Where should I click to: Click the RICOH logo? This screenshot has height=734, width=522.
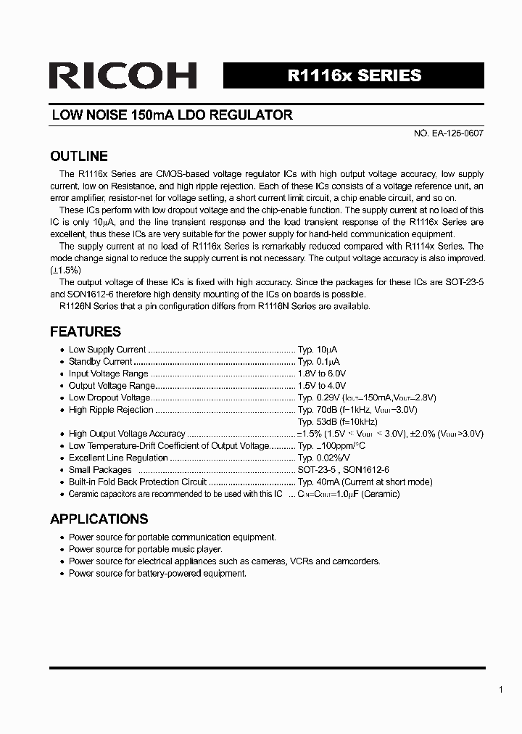[x=123, y=76]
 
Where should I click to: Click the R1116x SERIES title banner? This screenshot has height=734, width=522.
[x=354, y=75]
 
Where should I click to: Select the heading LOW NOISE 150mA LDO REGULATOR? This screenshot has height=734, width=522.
[x=172, y=115]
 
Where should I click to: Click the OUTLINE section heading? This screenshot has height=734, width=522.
[x=78, y=156]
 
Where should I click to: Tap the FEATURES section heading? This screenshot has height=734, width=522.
[x=85, y=331]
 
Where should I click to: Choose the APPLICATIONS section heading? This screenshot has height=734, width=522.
[x=99, y=519]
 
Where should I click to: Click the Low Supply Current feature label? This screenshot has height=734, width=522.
[x=107, y=350]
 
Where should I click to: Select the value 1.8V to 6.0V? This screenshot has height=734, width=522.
[x=322, y=374]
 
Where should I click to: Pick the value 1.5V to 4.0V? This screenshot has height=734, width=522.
[x=322, y=386]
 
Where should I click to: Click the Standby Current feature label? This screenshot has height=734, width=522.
[x=100, y=361]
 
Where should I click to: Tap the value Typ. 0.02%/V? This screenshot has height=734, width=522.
[x=324, y=458]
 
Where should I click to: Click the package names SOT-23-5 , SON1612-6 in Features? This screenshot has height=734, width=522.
[x=343, y=470]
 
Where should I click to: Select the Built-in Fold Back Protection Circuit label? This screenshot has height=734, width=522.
[x=137, y=482]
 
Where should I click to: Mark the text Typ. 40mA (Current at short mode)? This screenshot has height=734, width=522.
[x=365, y=482]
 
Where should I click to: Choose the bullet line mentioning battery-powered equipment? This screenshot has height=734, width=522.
[x=157, y=573]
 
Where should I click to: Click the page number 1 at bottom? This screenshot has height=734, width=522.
[x=500, y=690]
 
